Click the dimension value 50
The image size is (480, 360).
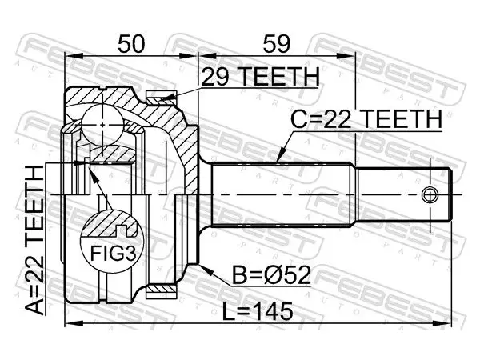pyautogui.click(x=130, y=44)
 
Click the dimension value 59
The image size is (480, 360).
pyautogui.click(x=276, y=44)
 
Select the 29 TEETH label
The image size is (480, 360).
pyautogui.click(x=260, y=77)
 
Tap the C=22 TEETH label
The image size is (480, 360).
pyautogui.click(x=366, y=119)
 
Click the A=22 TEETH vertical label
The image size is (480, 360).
pyautogui.click(x=34, y=240)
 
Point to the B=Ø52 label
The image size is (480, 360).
pyautogui.click(x=271, y=275)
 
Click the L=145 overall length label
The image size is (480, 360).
pyautogui.click(x=258, y=312)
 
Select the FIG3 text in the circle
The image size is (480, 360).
pyautogui.click(x=113, y=253)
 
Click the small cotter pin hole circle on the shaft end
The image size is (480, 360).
pyautogui.click(x=430, y=194)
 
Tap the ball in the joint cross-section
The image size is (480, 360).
pyautogui.click(x=102, y=125)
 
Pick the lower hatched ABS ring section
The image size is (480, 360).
pyautogui.click(x=162, y=290)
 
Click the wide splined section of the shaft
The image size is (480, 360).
pyautogui.click(x=281, y=194)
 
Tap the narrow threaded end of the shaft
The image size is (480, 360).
pyautogui.click(x=403, y=194)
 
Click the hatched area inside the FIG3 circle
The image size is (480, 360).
pyautogui.click(x=108, y=223)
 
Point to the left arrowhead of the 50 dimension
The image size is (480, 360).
pyautogui.click(x=74, y=56)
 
